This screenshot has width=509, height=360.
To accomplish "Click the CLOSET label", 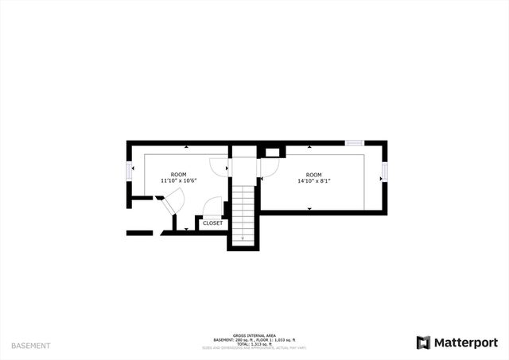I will pyautogui.click(x=212, y=223).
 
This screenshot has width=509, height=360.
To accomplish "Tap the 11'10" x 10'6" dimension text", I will pyautogui.click(x=178, y=181).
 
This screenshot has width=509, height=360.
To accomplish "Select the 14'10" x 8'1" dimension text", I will pyautogui.click(x=313, y=181).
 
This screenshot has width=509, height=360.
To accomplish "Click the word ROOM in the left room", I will pyautogui.click(x=178, y=174).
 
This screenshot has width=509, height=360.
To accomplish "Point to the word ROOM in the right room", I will pyautogui.click(x=313, y=175).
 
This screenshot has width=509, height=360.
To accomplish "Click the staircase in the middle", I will pyautogui.click(x=243, y=211).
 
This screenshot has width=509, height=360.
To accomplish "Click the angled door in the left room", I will pyautogui.click(x=169, y=204).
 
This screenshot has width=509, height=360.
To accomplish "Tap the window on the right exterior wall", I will pyautogui.click(x=384, y=172).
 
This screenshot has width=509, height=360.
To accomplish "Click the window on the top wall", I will pyautogui.click(x=354, y=143).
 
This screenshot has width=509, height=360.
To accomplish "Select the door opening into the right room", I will pyautogui.click(x=269, y=165).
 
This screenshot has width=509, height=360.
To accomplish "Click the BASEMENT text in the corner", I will pyautogui.click(x=31, y=346).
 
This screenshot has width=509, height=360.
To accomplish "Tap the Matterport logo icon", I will pyautogui.click(x=424, y=343).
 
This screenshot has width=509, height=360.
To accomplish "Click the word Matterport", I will pyautogui.click(x=464, y=343).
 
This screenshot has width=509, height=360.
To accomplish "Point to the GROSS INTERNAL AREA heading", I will pyautogui.click(x=254, y=334).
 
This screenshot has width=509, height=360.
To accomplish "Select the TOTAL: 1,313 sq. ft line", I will pyautogui.click(x=254, y=344).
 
